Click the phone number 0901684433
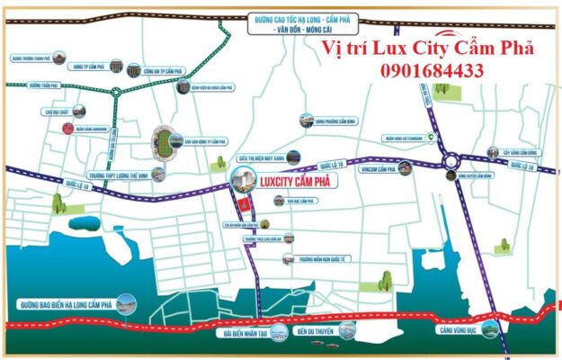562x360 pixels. pyautogui.click(x=433, y=69)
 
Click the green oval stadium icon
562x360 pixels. pyautogui.click(x=165, y=139)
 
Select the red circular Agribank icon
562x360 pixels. pyautogui.click(x=67, y=129)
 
